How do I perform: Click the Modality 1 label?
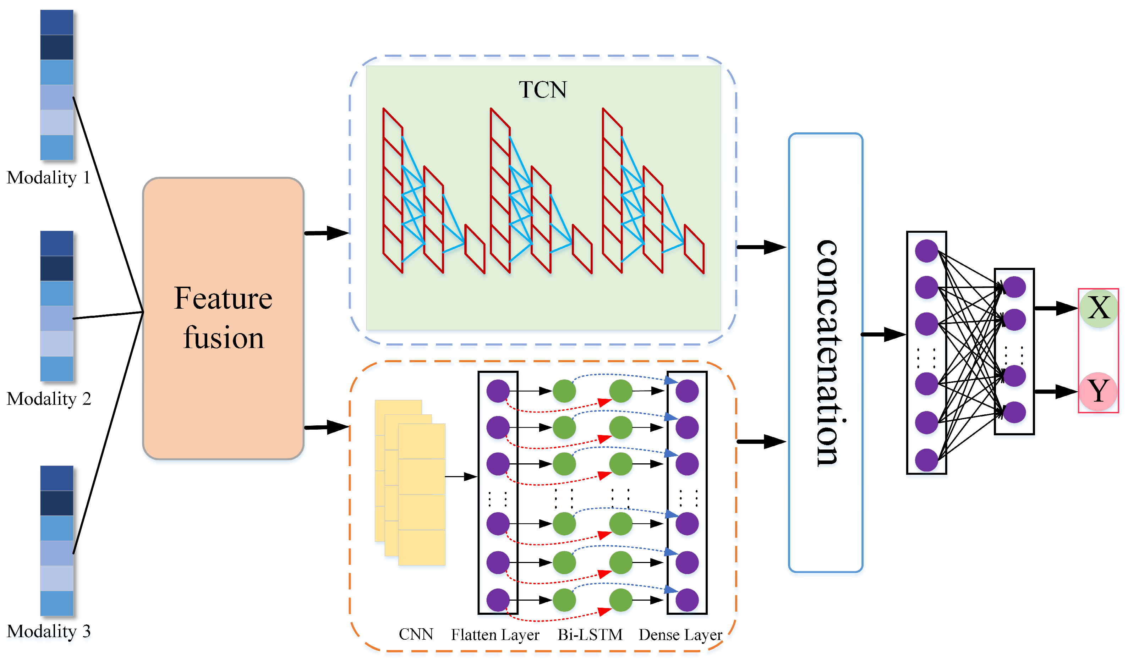point(48,178)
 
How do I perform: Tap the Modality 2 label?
point(48,398)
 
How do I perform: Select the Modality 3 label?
point(48,631)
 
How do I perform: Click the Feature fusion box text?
point(223,318)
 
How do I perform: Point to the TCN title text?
point(542,89)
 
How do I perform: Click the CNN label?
point(416,634)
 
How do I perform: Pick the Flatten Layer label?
point(495,635)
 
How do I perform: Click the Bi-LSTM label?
point(590,635)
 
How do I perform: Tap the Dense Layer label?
point(680,635)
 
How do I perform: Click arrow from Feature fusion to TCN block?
point(327,233)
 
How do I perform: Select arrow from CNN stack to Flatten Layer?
point(461,477)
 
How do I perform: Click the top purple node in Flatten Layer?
point(498,391)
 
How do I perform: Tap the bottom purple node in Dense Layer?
point(687,600)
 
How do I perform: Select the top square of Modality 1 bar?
point(56,22)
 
